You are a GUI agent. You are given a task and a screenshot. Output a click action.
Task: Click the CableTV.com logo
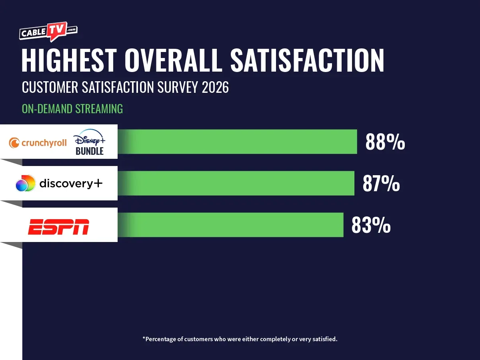coord(48,32)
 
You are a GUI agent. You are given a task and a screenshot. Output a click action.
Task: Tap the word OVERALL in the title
coord(173,61)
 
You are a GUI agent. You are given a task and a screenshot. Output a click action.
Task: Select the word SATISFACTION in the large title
coord(307,61)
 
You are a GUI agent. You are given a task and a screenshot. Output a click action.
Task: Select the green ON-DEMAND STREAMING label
coord(72,109)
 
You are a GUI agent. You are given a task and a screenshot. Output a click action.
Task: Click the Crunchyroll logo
coord(38,142)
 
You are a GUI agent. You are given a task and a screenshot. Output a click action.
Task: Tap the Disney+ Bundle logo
coord(89,142)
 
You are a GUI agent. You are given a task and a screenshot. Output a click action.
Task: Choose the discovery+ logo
coord(59,184)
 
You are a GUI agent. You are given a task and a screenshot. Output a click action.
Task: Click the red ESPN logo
coord(58,227)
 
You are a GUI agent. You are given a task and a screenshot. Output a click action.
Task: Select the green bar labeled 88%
coord(240,142)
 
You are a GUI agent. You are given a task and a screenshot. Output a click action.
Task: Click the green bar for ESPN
coord(232,225)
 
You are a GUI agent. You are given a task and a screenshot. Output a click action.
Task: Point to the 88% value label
coord(385,142)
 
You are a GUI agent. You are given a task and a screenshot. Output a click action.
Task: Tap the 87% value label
coord(381,184)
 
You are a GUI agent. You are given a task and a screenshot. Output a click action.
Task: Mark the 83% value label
coord(371,225)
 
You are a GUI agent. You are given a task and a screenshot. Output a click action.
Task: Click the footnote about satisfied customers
coord(240,339)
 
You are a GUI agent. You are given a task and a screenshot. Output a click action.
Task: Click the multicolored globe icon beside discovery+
coord(25,184)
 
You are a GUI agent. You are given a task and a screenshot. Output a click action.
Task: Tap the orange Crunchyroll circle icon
coord(14,143)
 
